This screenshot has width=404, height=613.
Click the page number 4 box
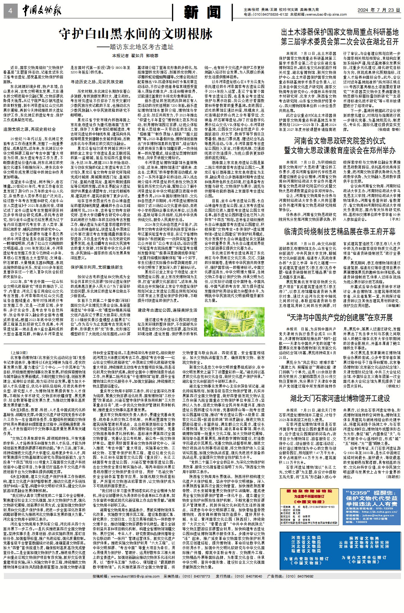(10, 11)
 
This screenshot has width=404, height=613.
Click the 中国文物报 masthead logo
(42, 11)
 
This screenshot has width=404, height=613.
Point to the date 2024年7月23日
(378, 10)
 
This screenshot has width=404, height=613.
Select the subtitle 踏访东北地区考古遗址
(135, 47)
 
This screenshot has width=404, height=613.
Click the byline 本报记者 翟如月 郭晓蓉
(135, 56)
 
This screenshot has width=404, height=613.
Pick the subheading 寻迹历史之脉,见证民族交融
(97, 82)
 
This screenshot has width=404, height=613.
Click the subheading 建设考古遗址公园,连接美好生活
(167, 310)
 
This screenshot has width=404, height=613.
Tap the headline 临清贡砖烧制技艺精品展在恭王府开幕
(340, 231)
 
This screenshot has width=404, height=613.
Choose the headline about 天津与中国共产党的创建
(340, 318)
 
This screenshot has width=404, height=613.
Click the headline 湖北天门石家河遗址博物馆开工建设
(340, 398)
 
